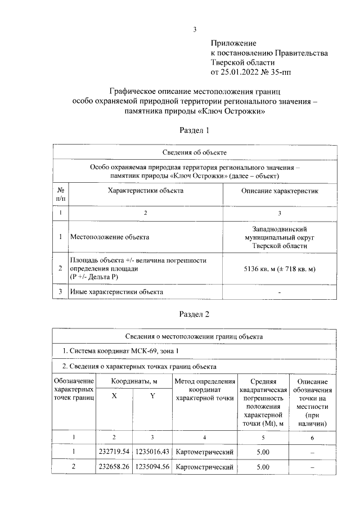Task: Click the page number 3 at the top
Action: point(194,30)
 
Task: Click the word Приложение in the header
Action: point(233,43)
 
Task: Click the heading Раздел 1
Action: point(194,130)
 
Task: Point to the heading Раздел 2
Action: point(194,314)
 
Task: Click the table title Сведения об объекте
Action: point(194,152)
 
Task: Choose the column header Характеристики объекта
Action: point(146,191)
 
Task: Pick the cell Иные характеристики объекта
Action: point(116,292)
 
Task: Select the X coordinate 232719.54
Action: point(114,452)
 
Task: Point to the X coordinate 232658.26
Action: point(114,467)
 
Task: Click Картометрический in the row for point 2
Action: point(204,467)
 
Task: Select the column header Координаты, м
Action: point(134,381)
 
